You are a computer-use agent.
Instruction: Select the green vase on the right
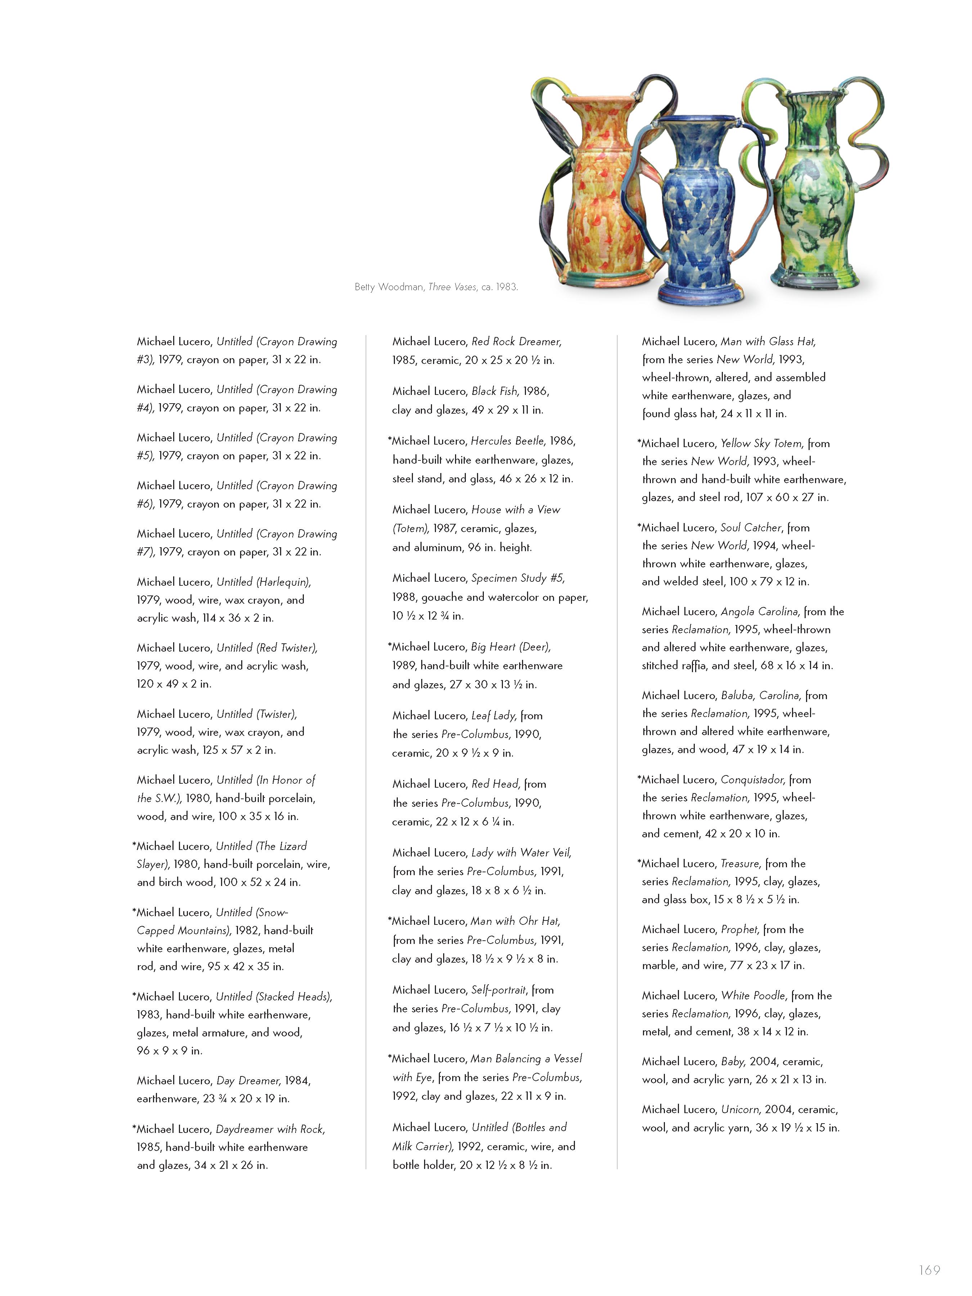point(814,188)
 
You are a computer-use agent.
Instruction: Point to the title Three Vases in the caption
point(452,287)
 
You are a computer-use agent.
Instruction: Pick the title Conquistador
point(752,780)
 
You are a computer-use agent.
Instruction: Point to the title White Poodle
point(753,995)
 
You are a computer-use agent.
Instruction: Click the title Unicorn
point(741,1109)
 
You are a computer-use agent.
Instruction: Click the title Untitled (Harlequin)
point(264,582)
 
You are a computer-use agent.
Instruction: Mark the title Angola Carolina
point(760,612)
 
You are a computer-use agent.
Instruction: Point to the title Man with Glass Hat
point(768,342)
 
